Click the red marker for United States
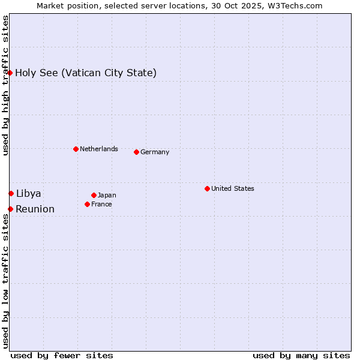(207, 188)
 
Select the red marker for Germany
(136, 152)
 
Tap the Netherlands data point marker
(76, 149)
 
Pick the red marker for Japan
(94, 195)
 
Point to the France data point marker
(88, 204)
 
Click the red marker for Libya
(11, 193)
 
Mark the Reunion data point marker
(10, 209)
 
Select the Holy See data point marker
(10, 73)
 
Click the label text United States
(233, 188)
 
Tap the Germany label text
(155, 152)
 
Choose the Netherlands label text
(99, 149)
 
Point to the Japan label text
(107, 195)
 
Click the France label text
(101, 204)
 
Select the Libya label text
(28, 193)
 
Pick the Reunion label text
(35, 209)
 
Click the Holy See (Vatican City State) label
(86, 73)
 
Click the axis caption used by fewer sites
(62, 355)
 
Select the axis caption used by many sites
(301, 355)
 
